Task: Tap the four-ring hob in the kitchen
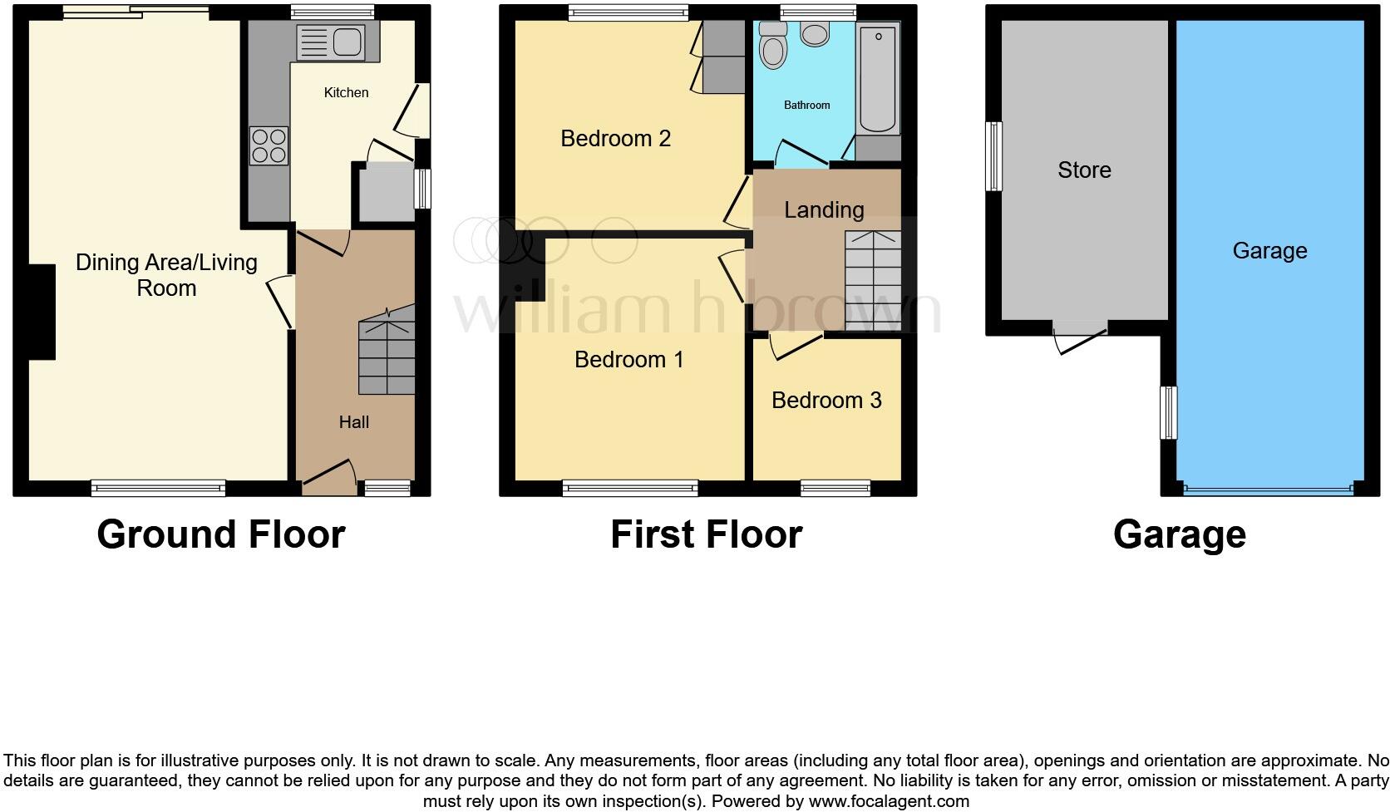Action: tap(269, 145)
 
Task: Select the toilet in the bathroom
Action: tap(772, 45)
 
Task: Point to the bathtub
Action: tap(877, 78)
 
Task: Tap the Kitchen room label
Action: tap(347, 92)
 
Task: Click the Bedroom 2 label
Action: tap(615, 138)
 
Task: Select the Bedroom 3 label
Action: tap(826, 400)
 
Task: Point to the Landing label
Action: tap(824, 210)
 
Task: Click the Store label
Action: tap(1084, 170)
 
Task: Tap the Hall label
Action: tap(353, 422)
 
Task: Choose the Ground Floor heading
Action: tap(221, 534)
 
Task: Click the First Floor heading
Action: tap(706, 534)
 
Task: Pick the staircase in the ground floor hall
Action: tap(387, 351)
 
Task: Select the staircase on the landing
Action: tap(873, 281)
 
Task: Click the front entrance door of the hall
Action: tap(329, 478)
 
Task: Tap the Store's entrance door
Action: tap(1080, 337)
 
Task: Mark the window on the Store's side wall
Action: tap(993, 155)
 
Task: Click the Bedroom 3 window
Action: tap(835, 489)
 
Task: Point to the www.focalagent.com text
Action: tap(889, 801)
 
